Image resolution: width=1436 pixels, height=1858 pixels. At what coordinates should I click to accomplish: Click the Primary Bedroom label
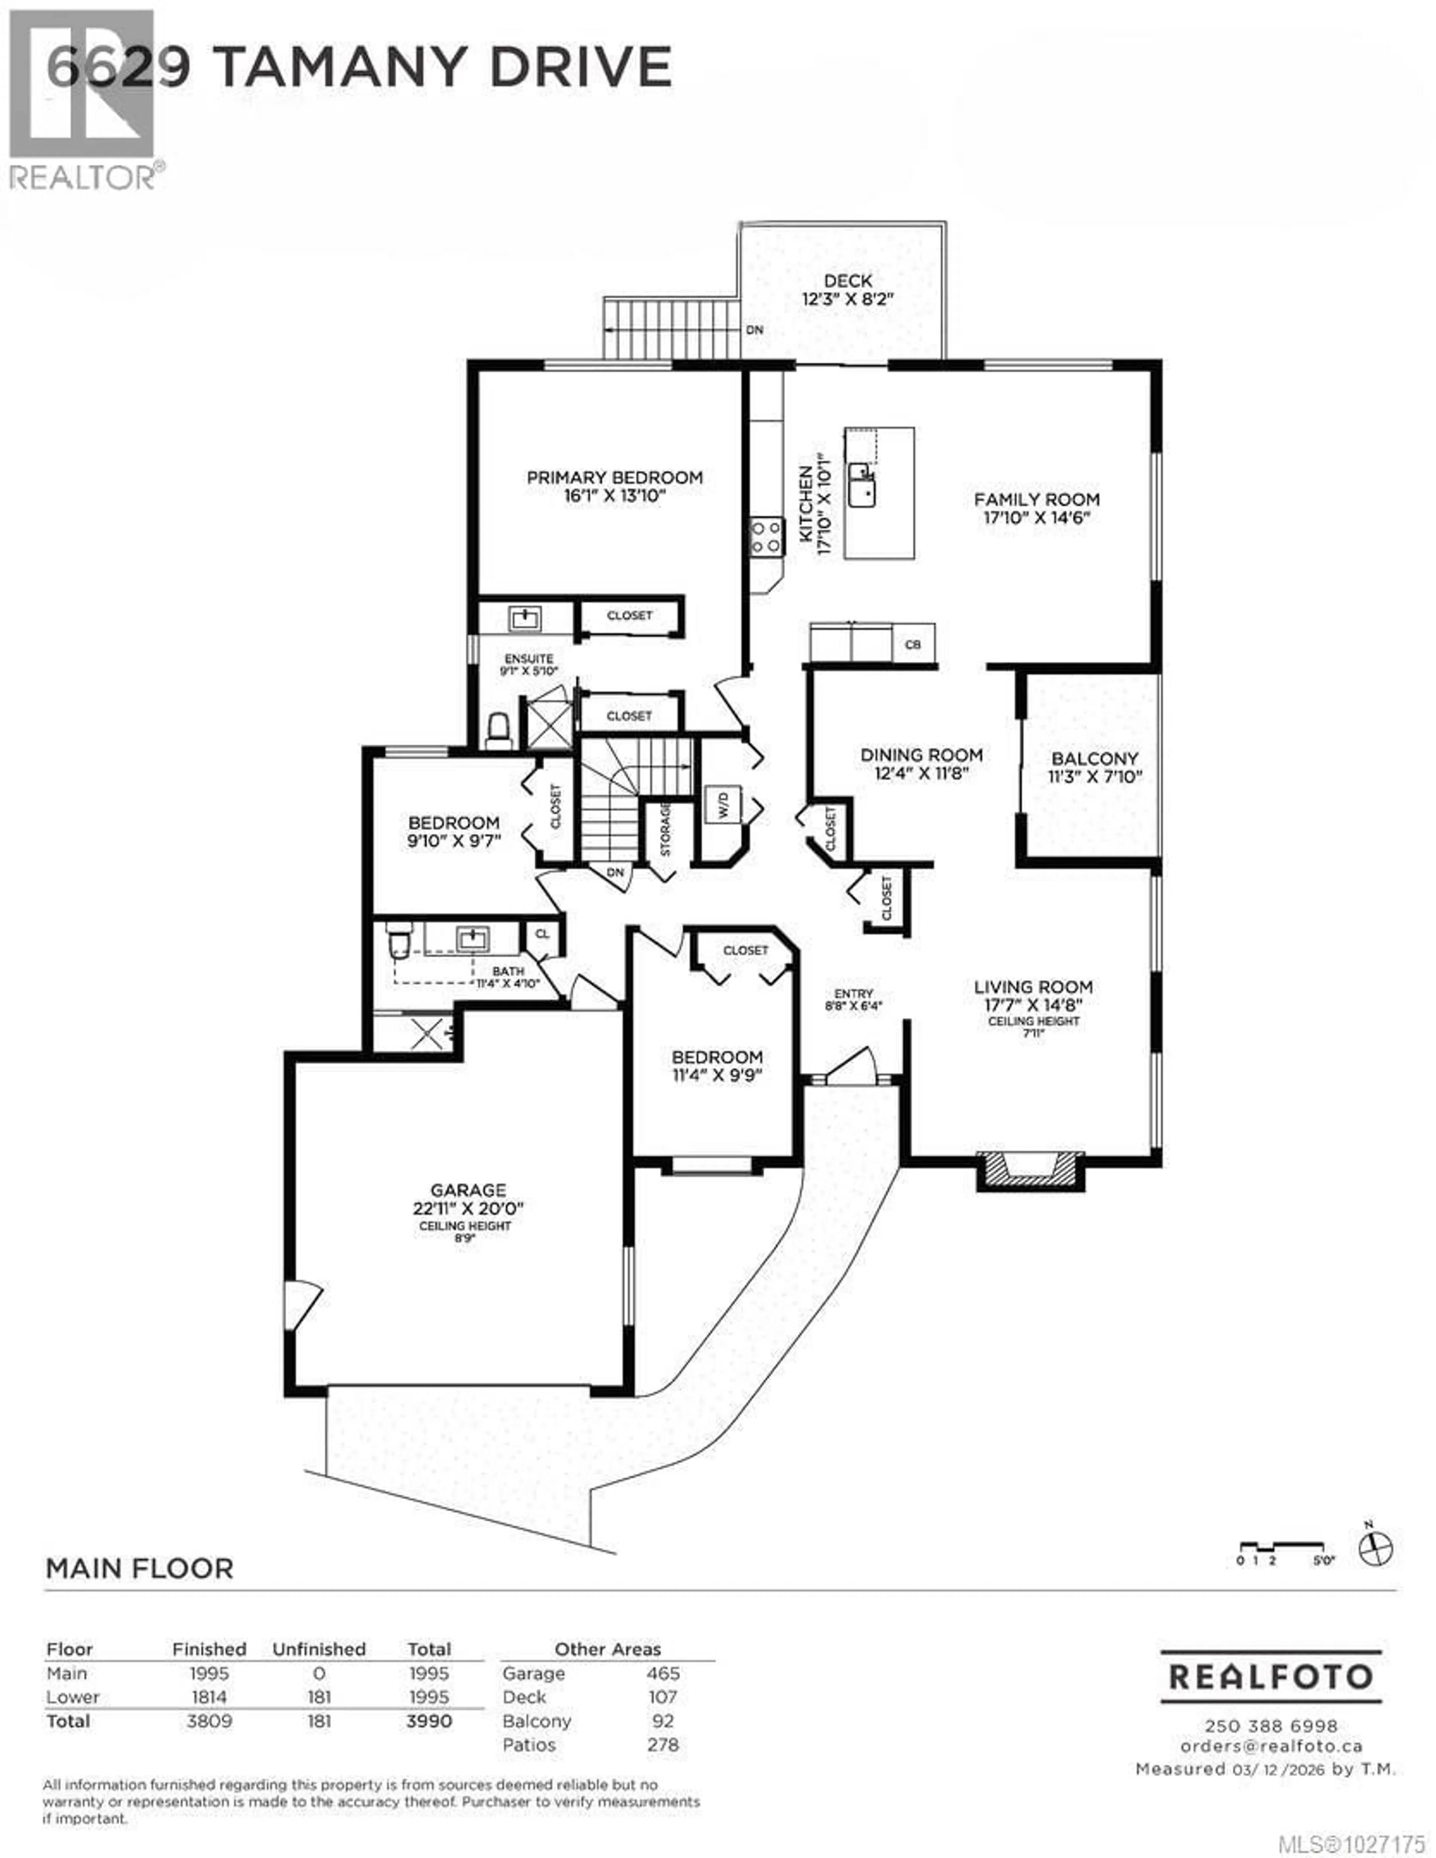tap(614, 477)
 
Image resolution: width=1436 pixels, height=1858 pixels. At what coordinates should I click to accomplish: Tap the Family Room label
tap(1036, 499)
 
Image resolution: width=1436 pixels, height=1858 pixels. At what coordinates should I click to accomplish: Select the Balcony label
tap(1094, 758)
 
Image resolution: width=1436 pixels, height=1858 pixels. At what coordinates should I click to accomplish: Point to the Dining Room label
tap(921, 754)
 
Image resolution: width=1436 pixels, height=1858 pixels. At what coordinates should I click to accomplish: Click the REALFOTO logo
tap(1270, 1677)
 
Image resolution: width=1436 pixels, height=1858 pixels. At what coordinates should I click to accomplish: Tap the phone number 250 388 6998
tap(1270, 1726)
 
